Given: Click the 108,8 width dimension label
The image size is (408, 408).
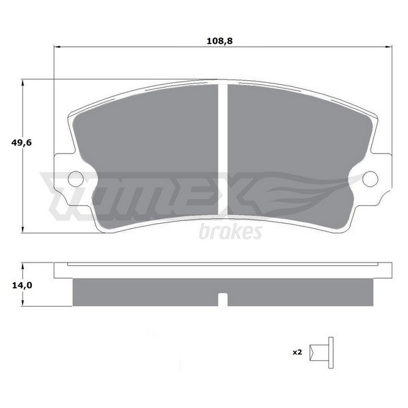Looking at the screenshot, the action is [220, 41].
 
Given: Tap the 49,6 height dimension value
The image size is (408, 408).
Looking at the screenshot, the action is [21, 143].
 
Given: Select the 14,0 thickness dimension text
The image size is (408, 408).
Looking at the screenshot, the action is [22, 286].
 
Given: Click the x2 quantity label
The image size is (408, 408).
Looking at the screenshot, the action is [297, 352].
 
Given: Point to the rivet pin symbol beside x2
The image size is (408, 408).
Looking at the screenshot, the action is [322, 352].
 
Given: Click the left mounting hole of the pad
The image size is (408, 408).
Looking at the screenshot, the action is [75, 179].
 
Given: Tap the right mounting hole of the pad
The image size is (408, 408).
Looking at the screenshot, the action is [370, 179].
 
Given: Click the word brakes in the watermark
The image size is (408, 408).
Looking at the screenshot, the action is [231, 232].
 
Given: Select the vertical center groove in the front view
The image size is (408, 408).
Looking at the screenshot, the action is [222, 150].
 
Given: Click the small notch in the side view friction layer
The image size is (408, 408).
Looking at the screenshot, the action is [222, 299].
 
